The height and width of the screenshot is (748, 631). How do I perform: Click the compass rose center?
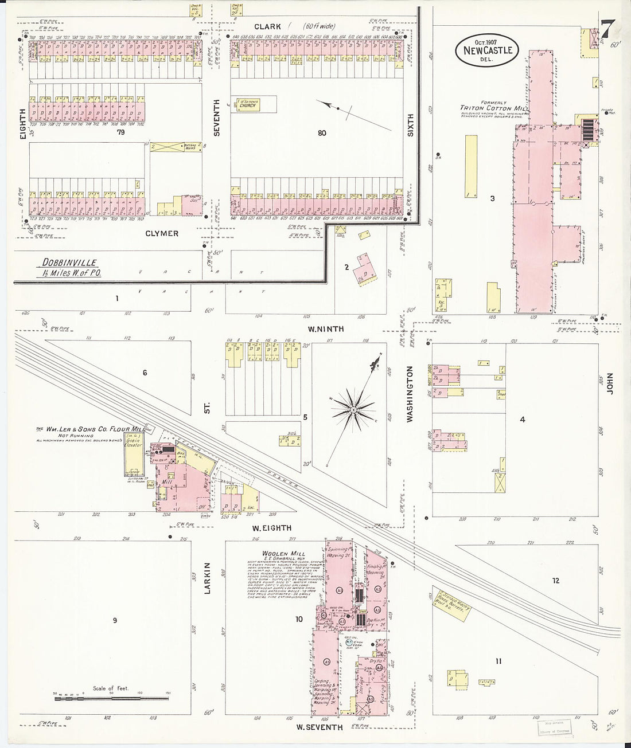(x=354, y=409)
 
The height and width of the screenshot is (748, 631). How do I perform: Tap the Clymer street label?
(x=161, y=233)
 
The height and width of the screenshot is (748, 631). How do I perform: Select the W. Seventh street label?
(x=320, y=727)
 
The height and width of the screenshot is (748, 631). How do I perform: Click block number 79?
(x=120, y=132)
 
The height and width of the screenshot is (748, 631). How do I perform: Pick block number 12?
(x=555, y=581)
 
